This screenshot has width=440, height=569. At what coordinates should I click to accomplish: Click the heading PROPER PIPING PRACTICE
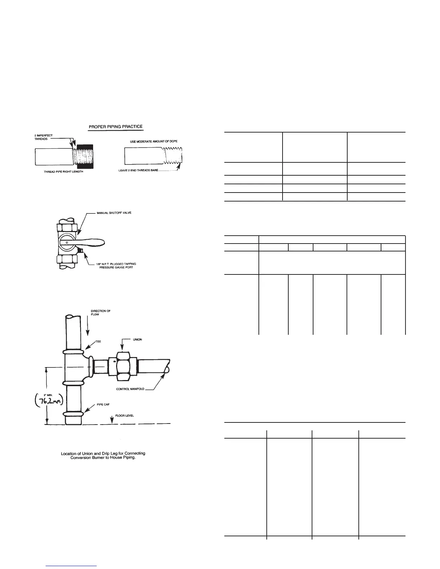(x=115, y=126)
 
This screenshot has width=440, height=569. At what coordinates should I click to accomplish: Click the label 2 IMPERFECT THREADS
(x=41, y=137)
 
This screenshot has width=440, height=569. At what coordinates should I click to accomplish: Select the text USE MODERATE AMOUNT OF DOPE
(x=153, y=142)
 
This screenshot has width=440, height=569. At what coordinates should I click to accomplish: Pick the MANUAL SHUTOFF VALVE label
(x=114, y=213)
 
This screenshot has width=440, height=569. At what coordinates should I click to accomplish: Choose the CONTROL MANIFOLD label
(x=130, y=389)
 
